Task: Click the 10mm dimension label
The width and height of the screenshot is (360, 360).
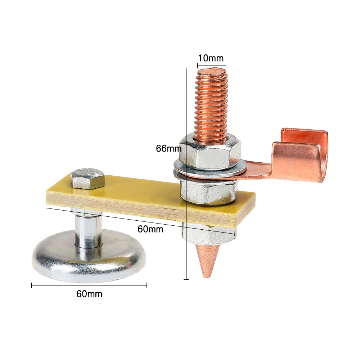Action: [x=211, y=58]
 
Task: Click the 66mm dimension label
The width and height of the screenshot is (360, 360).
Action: [x=169, y=149]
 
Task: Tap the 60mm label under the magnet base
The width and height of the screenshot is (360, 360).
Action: [x=89, y=294]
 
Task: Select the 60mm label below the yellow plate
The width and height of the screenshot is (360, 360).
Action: [x=150, y=229]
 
